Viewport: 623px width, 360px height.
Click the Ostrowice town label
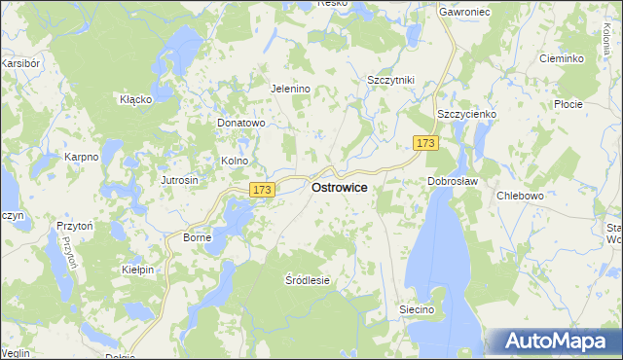[x=339, y=188]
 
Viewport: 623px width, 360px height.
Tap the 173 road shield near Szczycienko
[x=424, y=143]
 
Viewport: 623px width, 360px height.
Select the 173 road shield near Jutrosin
[x=260, y=190]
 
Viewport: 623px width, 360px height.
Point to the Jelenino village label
[x=289, y=89]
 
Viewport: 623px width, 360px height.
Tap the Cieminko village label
[x=562, y=58]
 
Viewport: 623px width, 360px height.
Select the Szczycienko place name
[x=466, y=114]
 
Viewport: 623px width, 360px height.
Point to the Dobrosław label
[x=449, y=181]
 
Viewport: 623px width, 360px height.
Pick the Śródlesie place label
[x=308, y=280]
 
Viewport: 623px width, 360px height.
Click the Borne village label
[x=198, y=237]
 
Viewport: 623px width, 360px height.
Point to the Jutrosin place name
[x=179, y=181]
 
